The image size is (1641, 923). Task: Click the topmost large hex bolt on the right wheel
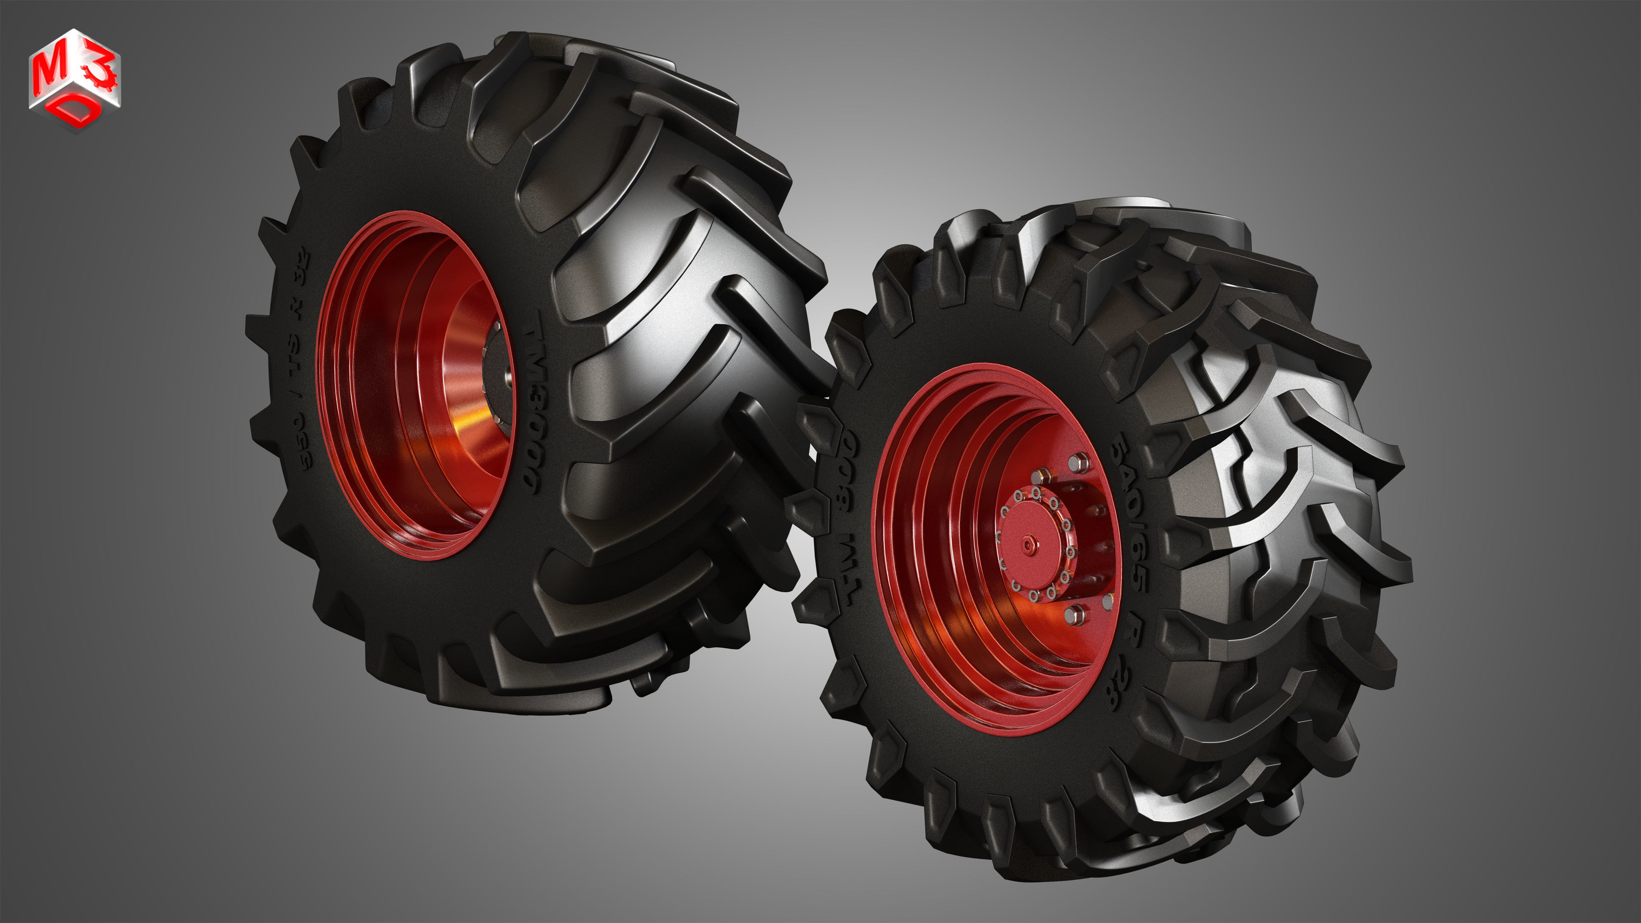click(x=1078, y=461)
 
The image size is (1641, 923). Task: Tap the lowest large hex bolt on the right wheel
click(x=1074, y=614)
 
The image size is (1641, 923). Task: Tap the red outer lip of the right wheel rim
click(x=882, y=573)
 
